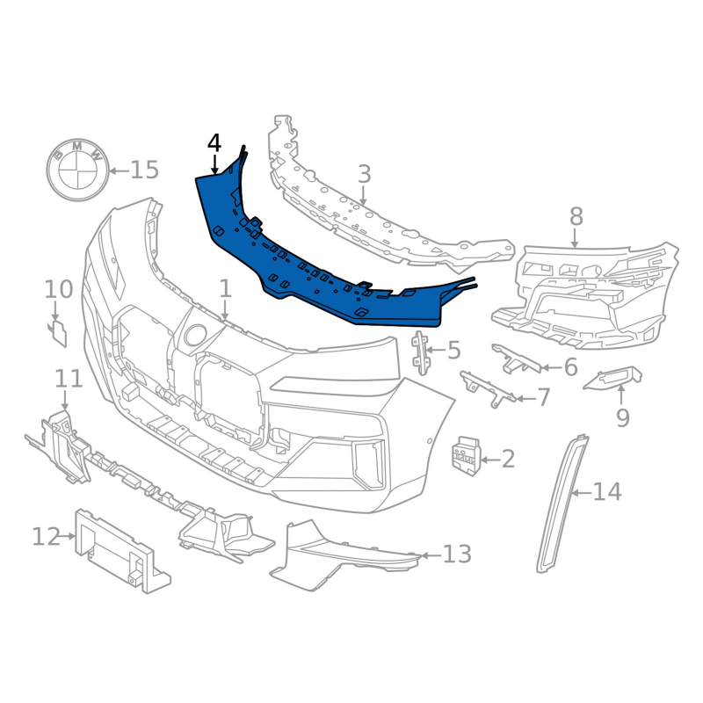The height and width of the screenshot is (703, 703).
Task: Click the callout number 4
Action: [x=214, y=144]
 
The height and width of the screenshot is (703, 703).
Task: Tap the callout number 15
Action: [x=145, y=170]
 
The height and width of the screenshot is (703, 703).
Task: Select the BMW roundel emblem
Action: [x=78, y=170]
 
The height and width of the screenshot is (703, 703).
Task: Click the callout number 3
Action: [x=364, y=174]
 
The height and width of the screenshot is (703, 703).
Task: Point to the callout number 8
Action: [x=576, y=217]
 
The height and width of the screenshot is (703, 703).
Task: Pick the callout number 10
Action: [x=58, y=290]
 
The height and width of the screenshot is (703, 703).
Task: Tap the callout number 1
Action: [x=225, y=289]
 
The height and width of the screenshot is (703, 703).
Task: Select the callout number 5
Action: [x=454, y=351]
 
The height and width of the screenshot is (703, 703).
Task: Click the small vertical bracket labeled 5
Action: [x=421, y=352]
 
